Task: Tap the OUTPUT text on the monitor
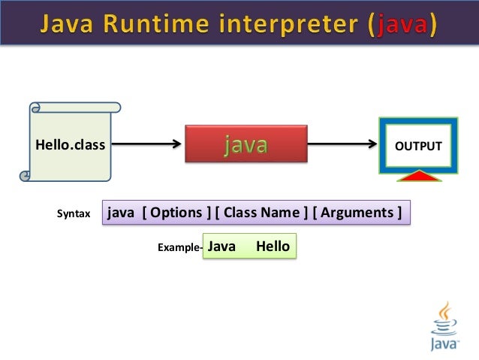[x=419, y=146]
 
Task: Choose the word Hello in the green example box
[x=273, y=246]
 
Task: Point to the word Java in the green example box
[x=221, y=246]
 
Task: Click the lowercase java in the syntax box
[x=122, y=213]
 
